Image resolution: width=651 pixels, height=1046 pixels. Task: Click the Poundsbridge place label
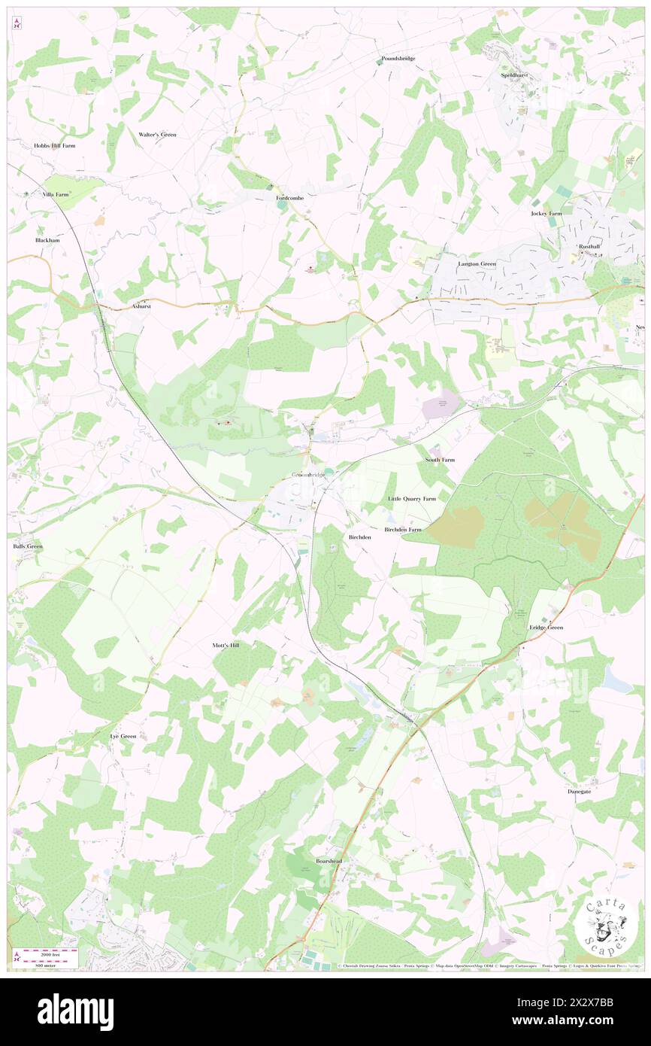pos(398,58)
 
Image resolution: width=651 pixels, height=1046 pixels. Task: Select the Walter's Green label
pos(157,134)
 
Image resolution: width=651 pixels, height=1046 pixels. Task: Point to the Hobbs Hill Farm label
pos(54,145)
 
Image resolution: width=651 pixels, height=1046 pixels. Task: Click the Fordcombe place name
pos(289,197)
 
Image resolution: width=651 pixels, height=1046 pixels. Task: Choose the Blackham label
pos(47,240)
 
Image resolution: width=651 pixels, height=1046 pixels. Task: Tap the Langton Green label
pos(477,264)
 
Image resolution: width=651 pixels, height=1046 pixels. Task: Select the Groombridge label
pos(308,475)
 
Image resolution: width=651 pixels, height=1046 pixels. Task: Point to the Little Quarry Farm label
pos(411,499)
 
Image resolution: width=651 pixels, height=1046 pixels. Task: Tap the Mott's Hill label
pos(226,646)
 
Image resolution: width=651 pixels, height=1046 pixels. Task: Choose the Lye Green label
pos(123,736)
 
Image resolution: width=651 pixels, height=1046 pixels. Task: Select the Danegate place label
pos(579,792)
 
